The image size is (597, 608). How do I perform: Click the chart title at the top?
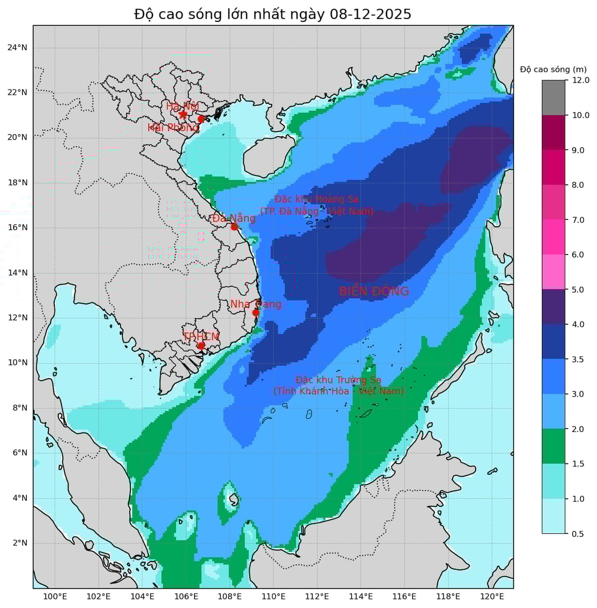click(x=273, y=14)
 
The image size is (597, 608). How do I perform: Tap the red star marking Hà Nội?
click(x=183, y=114)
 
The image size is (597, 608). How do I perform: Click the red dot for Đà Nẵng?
click(x=234, y=227)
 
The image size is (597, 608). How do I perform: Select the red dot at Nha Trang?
click(x=256, y=312)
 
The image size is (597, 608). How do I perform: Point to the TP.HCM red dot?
click(x=201, y=345)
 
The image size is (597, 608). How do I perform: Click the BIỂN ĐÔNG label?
click(x=374, y=291)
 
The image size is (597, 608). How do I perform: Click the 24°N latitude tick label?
click(x=17, y=48)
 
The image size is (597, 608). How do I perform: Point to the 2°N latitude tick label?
click(x=19, y=542)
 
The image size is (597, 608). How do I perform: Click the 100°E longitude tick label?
click(x=55, y=596)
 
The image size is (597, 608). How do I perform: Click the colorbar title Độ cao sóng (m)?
click(x=553, y=69)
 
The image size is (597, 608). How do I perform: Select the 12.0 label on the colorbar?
click(x=580, y=80)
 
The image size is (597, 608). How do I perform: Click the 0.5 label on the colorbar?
click(x=578, y=534)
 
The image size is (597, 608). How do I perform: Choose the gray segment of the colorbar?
click(x=553, y=97)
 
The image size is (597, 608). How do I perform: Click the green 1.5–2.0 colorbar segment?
click(x=553, y=446)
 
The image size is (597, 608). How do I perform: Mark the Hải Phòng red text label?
click(x=173, y=128)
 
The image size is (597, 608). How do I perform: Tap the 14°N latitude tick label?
click(x=17, y=272)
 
